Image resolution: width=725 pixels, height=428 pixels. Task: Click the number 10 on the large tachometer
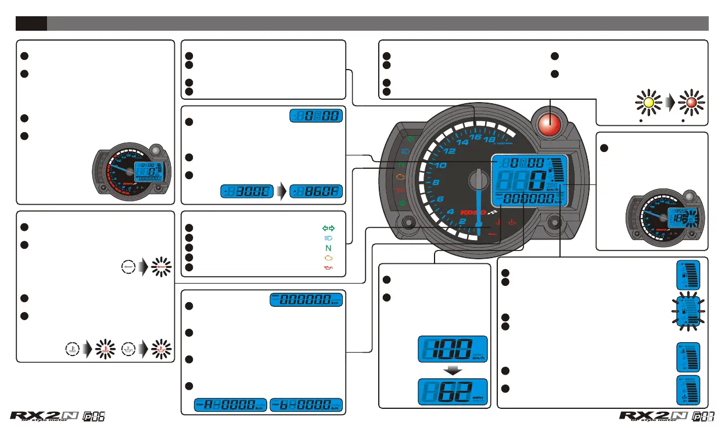(440, 166)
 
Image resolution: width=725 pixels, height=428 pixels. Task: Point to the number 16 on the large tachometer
(475, 137)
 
